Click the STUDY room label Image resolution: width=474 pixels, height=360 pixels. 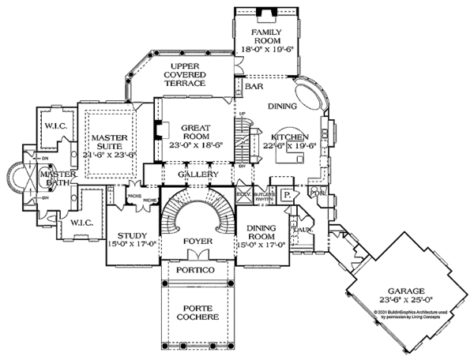(x=132, y=236)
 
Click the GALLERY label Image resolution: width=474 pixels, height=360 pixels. (x=194, y=173)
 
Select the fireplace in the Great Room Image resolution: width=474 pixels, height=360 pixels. (x=158, y=130)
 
